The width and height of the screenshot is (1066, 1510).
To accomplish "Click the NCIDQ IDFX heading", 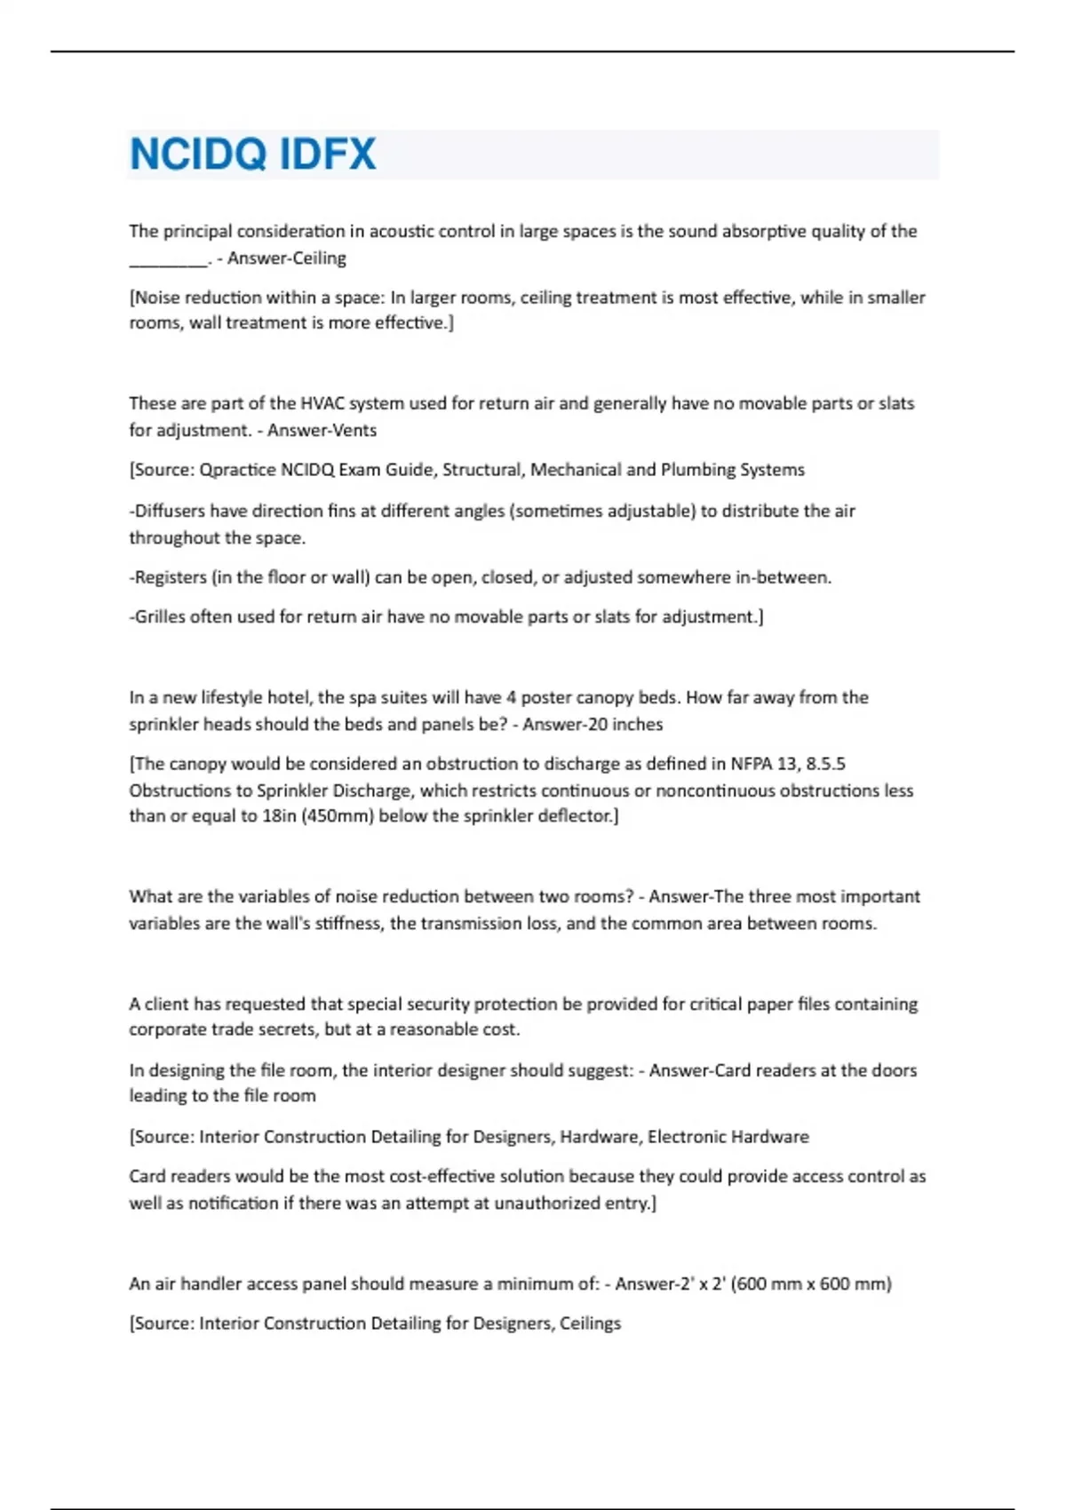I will point(253,154).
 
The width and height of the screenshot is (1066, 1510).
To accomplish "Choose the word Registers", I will point(170,577).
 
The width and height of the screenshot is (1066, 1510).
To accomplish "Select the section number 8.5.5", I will point(825,764).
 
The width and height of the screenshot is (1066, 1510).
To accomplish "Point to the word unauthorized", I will point(545,1203).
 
